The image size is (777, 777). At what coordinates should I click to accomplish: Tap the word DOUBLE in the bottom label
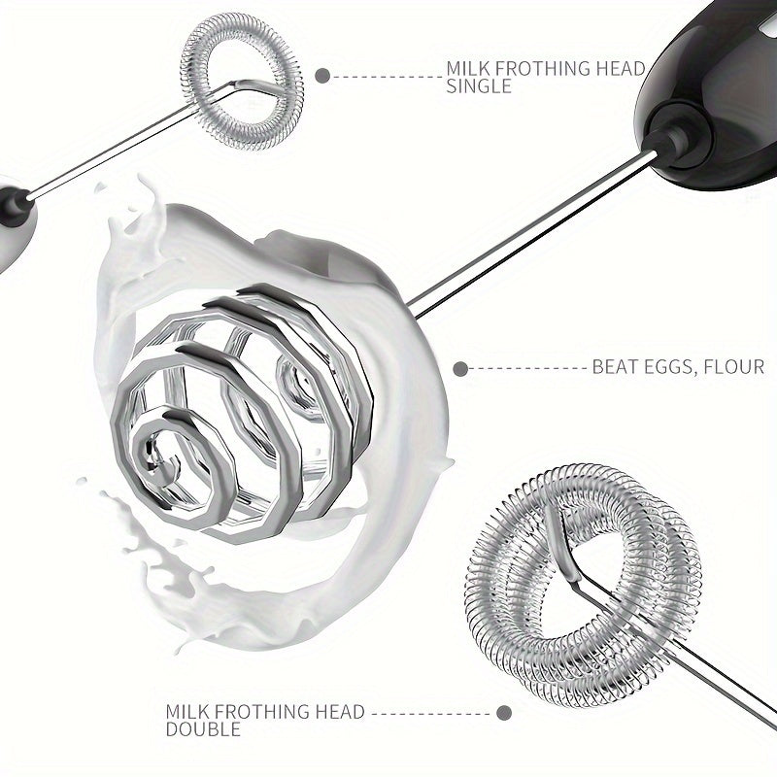(x=203, y=729)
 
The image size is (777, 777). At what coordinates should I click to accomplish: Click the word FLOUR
(x=731, y=367)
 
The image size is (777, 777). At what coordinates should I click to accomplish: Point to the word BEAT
(x=611, y=367)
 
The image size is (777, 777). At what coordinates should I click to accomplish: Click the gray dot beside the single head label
(x=322, y=76)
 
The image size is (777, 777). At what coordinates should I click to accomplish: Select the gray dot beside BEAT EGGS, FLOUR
(x=460, y=369)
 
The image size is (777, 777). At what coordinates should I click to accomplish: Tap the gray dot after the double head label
(x=504, y=713)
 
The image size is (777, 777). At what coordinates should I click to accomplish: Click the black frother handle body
(x=714, y=94)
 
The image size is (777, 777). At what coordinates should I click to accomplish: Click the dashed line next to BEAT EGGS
(x=528, y=369)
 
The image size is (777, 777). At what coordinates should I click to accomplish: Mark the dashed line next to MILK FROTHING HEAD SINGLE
(x=387, y=77)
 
